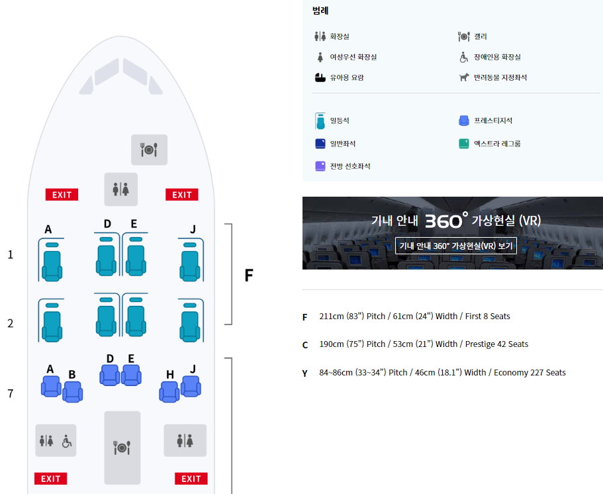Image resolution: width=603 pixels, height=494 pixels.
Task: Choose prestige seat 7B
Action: (x=72, y=391)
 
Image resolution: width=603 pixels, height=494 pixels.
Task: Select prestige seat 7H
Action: (x=169, y=391)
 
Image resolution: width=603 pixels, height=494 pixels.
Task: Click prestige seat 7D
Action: (x=110, y=375)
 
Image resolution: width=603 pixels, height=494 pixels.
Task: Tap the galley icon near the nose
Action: (x=149, y=150)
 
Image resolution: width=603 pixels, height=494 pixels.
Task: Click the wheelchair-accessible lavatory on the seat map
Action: (x=66, y=440)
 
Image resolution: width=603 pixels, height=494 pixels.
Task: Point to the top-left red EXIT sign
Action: (x=62, y=195)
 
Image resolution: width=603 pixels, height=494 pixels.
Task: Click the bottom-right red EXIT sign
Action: (x=191, y=479)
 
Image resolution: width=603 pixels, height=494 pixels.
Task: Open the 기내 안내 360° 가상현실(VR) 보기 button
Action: (x=455, y=246)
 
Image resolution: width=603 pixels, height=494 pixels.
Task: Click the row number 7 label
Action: (x=10, y=394)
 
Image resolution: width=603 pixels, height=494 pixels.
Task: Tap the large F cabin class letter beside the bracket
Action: (x=249, y=275)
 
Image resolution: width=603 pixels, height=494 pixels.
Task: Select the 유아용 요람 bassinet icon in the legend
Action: (x=320, y=77)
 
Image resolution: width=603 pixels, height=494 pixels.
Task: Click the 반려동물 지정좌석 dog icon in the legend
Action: (x=464, y=77)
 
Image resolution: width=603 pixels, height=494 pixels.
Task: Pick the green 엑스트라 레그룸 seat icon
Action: (x=464, y=143)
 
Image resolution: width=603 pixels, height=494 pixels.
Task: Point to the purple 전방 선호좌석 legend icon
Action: (x=320, y=166)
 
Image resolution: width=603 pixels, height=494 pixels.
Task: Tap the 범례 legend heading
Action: (x=321, y=11)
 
